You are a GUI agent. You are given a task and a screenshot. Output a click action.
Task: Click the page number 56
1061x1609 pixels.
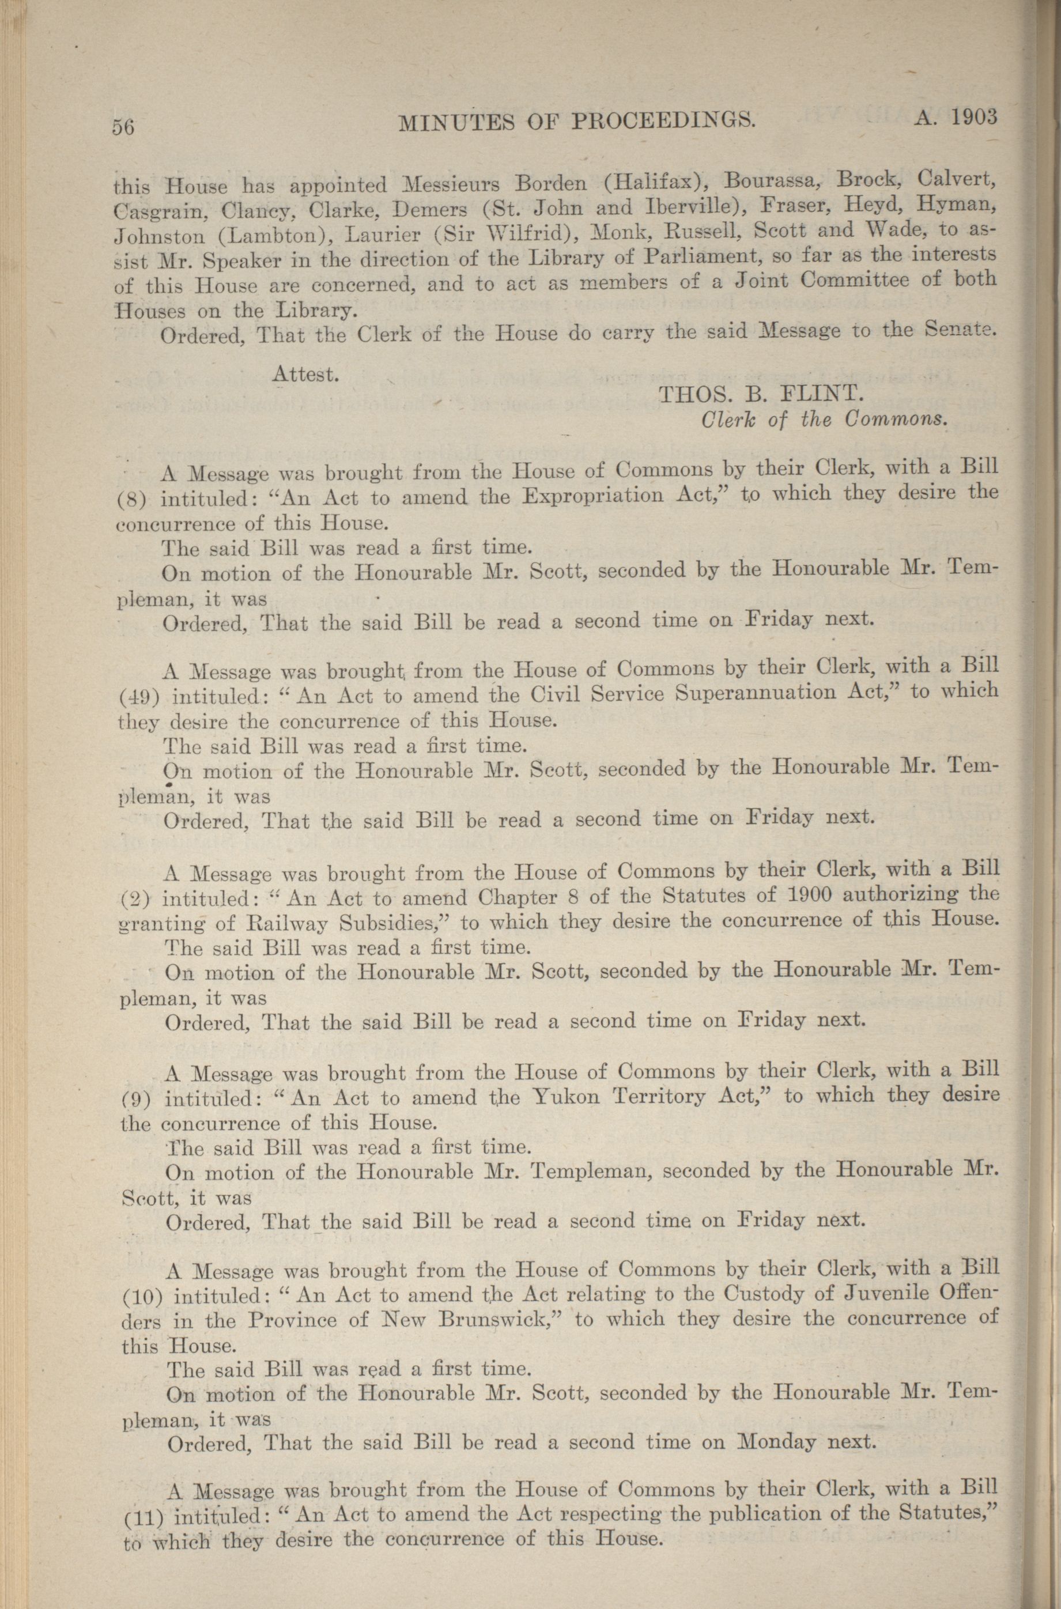pyautogui.click(x=124, y=127)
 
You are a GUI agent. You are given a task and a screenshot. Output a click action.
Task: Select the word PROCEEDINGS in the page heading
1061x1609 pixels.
pyautogui.click(x=664, y=120)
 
